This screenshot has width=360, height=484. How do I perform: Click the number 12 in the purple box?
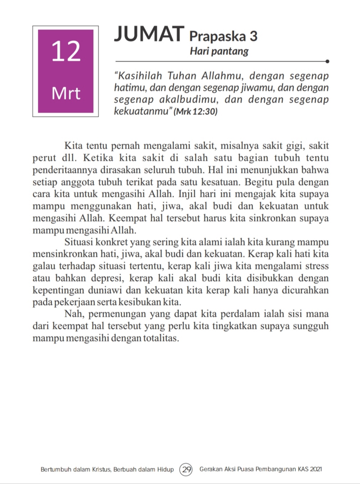point(66,51)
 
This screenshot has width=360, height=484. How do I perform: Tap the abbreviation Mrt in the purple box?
point(66,93)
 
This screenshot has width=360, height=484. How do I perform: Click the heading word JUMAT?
point(149,34)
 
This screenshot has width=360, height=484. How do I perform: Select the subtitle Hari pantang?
point(219,51)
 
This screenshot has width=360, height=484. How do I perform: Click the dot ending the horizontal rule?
point(327,61)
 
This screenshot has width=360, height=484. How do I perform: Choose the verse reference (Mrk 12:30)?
point(195,112)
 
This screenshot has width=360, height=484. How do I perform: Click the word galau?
point(44,266)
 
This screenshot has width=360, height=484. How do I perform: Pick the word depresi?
point(107,278)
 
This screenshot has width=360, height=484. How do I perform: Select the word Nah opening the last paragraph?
point(74,314)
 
